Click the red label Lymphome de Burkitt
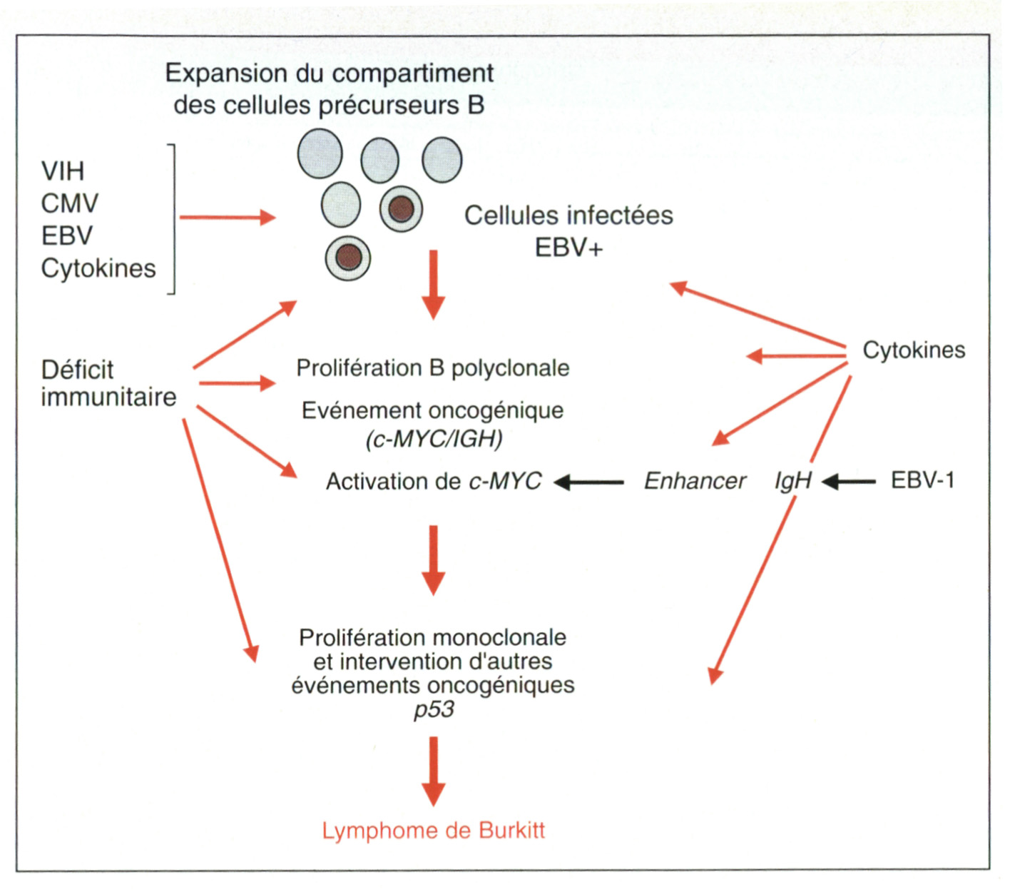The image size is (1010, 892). click(x=433, y=831)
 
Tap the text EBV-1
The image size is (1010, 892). click(x=922, y=480)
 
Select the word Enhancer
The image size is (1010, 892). click(x=695, y=481)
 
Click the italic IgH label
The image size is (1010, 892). click(x=793, y=482)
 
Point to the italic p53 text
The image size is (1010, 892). click(x=434, y=710)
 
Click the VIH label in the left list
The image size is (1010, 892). click(x=63, y=171)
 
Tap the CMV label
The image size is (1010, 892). click(x=69, y=204)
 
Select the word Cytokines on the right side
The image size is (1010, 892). click(x=914, y=350)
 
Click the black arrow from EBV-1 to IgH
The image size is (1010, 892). click(x=849, y=482)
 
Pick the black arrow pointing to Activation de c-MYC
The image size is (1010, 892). click(x=588, y=482)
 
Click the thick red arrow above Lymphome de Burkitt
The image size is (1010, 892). click(x=433, y=771)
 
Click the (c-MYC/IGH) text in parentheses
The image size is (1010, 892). click(x=434, y=439)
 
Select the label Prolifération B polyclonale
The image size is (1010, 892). click(x=433, y=368)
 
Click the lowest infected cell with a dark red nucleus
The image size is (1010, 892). click(x=348, y=257)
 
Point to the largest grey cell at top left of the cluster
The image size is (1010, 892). click(x=320, y=153)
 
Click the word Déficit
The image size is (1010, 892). click(x=77, y=370)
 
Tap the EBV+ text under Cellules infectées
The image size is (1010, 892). click(x=568, y=248)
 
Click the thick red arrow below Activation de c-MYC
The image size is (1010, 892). click(x=433, y=559)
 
